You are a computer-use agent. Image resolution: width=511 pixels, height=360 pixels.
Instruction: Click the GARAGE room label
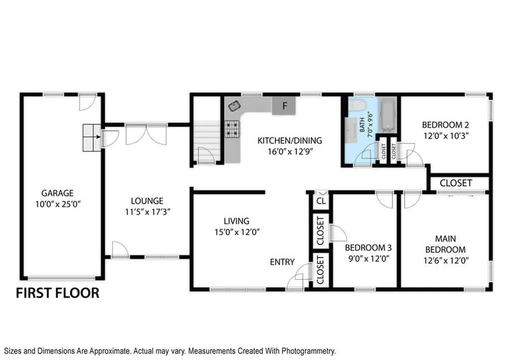tap(57, 193)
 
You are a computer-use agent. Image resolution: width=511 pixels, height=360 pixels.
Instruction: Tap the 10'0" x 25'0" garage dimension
tap(58, 204)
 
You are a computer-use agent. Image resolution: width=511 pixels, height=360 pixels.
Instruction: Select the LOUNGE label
tap(147, 201)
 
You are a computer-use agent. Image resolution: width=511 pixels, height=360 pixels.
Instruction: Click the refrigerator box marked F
tap(284, 106)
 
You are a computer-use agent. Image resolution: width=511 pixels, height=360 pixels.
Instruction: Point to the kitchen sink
tap(235, 106)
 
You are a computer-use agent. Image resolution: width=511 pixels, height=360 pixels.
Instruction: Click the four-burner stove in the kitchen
tap(232, 129)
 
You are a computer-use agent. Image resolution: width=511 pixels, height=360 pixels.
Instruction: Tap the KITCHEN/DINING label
tap(289, 141)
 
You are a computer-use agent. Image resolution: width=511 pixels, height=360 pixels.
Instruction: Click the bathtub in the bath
tap(388, 115)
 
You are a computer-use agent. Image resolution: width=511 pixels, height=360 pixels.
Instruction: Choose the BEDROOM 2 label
tap(446, 125)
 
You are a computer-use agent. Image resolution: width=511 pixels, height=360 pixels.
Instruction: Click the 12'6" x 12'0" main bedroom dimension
tap(446, 260)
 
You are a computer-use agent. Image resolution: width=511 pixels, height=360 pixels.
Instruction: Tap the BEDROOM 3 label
tap(368, 248)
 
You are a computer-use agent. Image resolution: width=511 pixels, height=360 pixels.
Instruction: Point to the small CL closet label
tap(321, 201)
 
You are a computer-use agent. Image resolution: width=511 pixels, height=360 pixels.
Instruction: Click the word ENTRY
tap(282, 262)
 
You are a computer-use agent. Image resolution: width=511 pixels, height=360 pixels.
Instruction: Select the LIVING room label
tap(237, 221)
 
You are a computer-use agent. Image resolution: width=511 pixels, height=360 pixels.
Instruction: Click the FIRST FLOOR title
tap(58, 293)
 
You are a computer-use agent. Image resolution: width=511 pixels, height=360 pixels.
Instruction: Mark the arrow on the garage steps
tap(96, 137)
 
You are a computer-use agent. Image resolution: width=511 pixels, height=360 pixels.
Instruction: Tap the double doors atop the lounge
tap(146, 134)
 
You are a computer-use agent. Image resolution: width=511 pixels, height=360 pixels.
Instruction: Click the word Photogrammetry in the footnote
tap(308, 351)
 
